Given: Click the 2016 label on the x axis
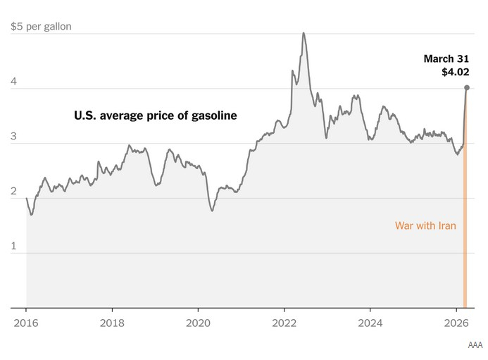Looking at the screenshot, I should [26, 324].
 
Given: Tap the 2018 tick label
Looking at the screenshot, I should [112, 324].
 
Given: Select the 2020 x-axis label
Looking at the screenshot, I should [198, 324].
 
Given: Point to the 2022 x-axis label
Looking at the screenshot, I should [284, 324].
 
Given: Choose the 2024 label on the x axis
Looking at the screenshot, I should [370, 324].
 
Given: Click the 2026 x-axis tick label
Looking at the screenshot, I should [456, 324].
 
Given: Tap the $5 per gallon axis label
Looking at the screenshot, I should [40, 27].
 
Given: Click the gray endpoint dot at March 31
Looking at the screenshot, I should [466, 88].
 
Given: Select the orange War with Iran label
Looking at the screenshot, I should [425, 226].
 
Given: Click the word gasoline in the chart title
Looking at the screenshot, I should [212, 115].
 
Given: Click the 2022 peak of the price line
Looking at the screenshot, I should [304, 33].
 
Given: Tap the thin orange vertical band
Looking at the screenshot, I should [465, 211].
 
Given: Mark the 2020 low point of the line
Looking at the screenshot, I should [213, 210].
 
